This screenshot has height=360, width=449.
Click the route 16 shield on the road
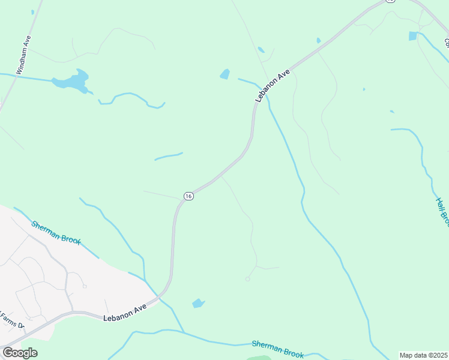click(x=188, y=196)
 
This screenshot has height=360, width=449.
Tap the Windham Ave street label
click(x=23, y=55)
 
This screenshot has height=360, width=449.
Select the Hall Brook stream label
click(x=442, y=212)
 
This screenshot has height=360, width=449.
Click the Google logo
click(x=20, y=352)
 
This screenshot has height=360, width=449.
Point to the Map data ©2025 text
click(x=424, y=355)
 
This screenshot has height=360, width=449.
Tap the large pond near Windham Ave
click(x=73, y=80)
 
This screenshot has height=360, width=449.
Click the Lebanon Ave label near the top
click(x=273, y=85)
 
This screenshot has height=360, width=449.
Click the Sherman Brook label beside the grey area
click(x=56, y=231)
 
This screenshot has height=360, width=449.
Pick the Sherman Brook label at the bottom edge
click(x=277, y=349)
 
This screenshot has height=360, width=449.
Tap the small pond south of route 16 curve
click(x=198, y=304)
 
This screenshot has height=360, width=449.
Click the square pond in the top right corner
click(x=413, y=36)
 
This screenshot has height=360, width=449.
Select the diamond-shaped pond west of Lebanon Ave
click(x=225, y=74)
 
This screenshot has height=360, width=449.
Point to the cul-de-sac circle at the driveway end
click(x=247, y=278)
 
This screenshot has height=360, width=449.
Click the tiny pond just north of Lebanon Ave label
click(x=261, y=50)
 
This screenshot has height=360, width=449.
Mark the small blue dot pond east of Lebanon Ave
click(x=364, y=89)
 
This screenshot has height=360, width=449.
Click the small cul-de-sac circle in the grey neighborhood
click(x=85, y=286)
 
